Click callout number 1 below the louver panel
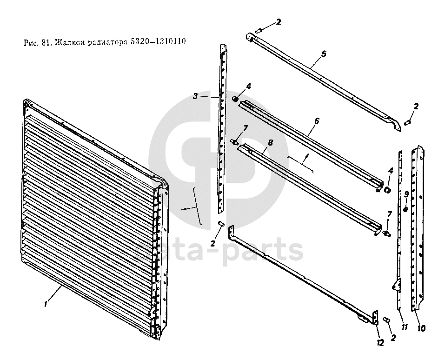[45, 304]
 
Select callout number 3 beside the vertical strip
[196, 96]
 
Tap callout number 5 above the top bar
[324, 53]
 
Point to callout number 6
[317, 120]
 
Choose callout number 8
[270, 143]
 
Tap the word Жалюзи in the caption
[68, 42]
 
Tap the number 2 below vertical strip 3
[212, 243]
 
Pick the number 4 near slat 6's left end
[248, 87]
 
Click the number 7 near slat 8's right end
[390, 213]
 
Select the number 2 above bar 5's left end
[278, 22]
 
